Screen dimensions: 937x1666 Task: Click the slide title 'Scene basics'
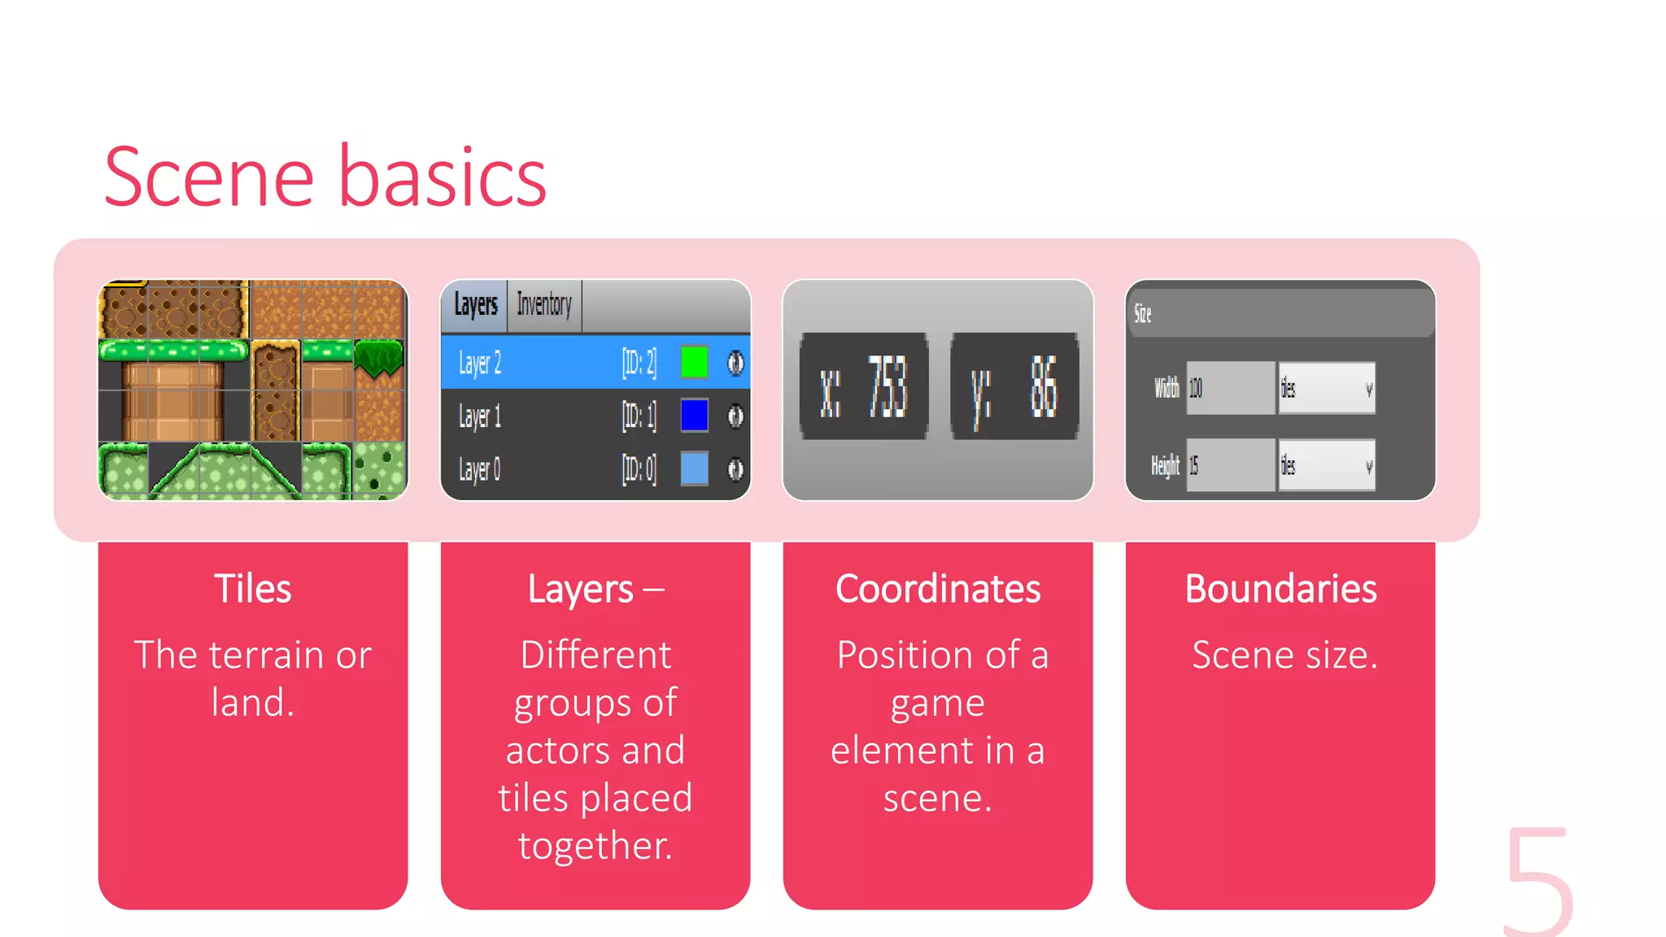pos(325,177)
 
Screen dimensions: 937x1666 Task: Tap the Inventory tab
pos(544,306)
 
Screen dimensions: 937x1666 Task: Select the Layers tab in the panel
pos(475,306)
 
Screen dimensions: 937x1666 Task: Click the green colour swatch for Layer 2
pos(694,362)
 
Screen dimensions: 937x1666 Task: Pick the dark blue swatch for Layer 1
pos(694,416)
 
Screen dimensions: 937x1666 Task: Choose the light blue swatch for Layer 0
pos(694,468)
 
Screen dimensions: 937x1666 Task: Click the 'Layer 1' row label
pos(480,416)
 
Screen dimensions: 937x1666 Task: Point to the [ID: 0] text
pos(639,469)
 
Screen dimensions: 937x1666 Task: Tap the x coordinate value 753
pos(887,387)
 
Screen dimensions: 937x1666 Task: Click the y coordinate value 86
pos(1044,387)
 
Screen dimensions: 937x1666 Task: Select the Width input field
pos(1230,388)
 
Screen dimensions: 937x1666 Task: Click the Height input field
pos(1230,465)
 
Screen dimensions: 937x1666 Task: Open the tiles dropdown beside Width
pos(1327,388)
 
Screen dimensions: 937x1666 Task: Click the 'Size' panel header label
pos(1143,313)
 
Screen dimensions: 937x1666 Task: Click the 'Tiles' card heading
pos(253,589)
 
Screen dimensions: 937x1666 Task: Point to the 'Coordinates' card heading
pos(938,589)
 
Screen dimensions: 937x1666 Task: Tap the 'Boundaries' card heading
pos(1280,589)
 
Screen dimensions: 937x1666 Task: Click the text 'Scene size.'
pos(1284,656)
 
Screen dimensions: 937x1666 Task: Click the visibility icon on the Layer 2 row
pos(735,363)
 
